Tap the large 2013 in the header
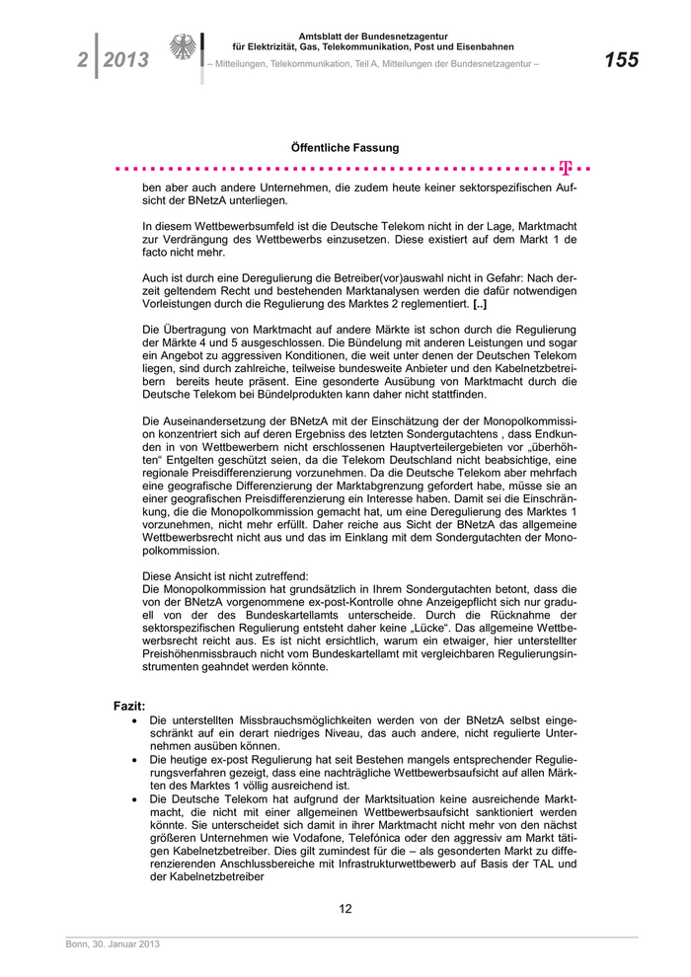(126, 60)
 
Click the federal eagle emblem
(183, 47)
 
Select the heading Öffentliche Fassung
(345, 147)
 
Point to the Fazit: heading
(129, 707)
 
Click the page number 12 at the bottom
(345, 909)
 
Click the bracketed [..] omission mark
(480, 306)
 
